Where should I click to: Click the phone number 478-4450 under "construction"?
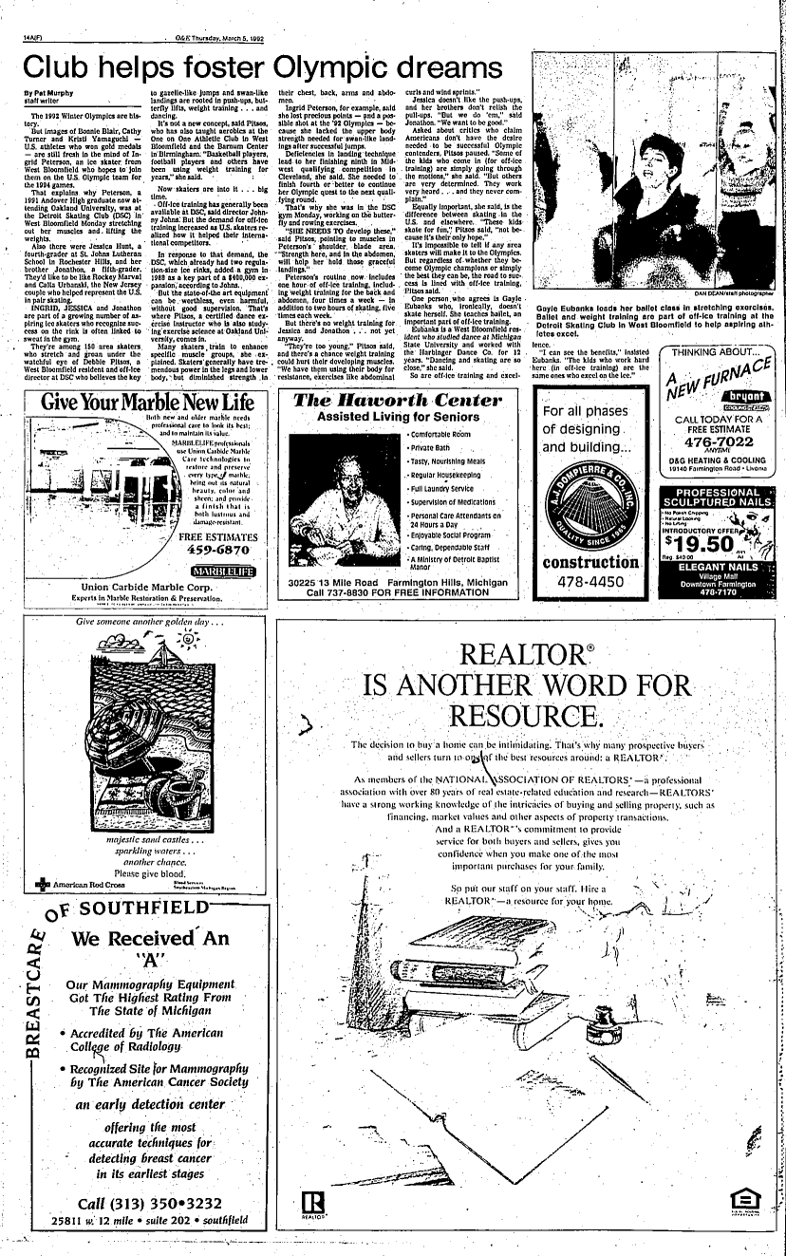click(x=590, y=582)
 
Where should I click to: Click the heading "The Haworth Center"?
click(x=397, y=399)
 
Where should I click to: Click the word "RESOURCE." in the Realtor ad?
click(x=526, y=714)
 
